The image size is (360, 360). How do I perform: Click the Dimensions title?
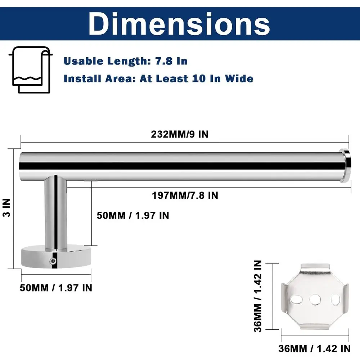[179, 24]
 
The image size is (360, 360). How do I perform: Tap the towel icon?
[31, 70]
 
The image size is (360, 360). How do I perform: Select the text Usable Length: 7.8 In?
[126, 61]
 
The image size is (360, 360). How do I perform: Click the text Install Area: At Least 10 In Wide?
[158, 78]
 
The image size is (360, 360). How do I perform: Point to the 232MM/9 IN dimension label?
[180, 134]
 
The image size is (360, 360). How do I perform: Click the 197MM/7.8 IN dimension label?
[185, 195]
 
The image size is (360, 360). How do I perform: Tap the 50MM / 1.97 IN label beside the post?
[133, 215]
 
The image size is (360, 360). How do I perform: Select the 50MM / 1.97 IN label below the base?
[56, 288]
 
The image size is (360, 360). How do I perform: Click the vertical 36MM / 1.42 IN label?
[258, 296]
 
